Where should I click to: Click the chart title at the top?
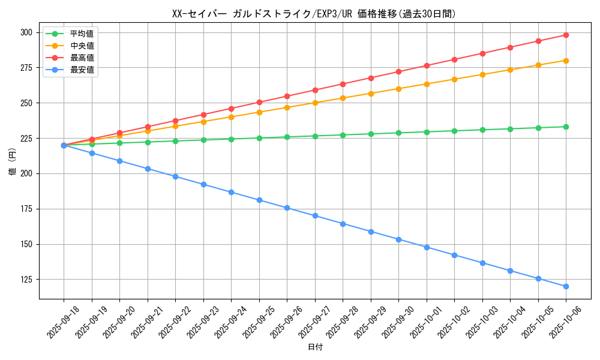tap(314, 14)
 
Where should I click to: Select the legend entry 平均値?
tap(82, 34)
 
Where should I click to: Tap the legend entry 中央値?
tap(82, 46)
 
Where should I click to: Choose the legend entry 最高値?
tap(82, 58)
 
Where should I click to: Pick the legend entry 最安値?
tap(82, 70)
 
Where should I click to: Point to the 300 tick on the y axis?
tap(28, 32)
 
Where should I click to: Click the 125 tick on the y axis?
tap(28, 280)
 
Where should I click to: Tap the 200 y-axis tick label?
tap(28, 173)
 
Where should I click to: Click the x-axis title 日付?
tap(315, 347)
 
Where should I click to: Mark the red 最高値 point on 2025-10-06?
tap(566, 35)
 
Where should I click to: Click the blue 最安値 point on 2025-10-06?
tap(566, 286)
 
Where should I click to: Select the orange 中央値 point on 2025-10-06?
tap(566, 61)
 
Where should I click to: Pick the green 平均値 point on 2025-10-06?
tap(566, 127)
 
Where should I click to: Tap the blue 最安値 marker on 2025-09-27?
tap(315, 216)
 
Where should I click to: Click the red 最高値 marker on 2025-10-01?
tap(427, 65)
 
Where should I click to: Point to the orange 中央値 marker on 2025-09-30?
tap(398, 89)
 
